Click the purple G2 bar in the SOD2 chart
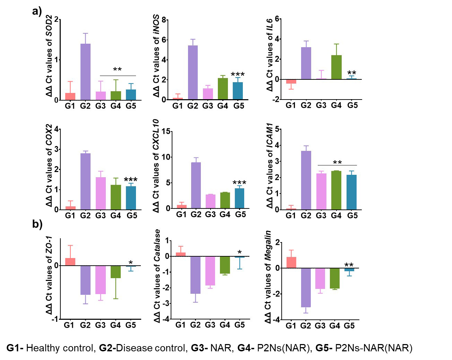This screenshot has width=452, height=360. pos(85,72)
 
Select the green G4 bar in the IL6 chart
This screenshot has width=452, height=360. pos(336,67)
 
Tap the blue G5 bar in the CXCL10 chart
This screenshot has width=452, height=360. pos(239,198)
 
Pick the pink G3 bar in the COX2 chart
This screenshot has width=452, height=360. pos(100,193)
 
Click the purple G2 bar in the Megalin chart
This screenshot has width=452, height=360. pos(306,288)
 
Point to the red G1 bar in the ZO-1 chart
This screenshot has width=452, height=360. pos(70,262)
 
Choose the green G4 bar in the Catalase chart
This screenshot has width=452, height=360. pos(225,265)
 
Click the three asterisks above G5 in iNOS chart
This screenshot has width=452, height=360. pos(238,75)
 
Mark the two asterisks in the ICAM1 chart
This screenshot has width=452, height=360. pos(337,163)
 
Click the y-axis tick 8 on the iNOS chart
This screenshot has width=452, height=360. pos(163,20)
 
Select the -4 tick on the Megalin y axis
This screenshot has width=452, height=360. pos(276,319)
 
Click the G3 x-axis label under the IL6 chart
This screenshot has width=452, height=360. pos(321,105)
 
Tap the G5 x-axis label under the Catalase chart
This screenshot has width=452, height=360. pos(239,325)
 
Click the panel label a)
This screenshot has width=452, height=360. pos(37,11)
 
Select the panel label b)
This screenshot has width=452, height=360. pos(37,224)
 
